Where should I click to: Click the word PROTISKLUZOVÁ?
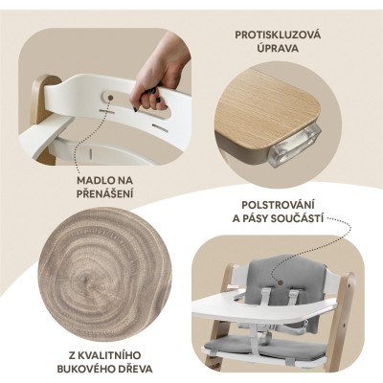(278, 34)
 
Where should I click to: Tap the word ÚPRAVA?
(278, 48)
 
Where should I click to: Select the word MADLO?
(96, 180)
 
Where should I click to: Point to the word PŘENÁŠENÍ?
(104, 193)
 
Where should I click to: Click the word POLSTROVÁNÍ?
(278, 205)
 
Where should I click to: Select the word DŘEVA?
(134, 369)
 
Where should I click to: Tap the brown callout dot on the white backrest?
(110, 98)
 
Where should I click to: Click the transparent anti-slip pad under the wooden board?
(294, 146)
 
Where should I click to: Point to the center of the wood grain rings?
(87, 281)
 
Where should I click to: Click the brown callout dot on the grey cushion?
(281, 282)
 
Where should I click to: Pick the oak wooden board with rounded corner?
(268, 108)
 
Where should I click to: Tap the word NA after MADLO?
(125, 180)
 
